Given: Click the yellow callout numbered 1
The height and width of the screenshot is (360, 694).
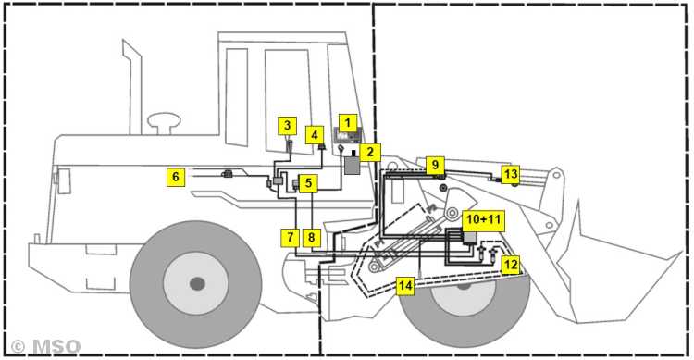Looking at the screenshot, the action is click(x=348, y=123).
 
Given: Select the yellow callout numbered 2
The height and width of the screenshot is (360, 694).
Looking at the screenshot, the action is click(x=370, y=153).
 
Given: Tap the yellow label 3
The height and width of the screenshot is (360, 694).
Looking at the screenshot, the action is click(x=287, y=126).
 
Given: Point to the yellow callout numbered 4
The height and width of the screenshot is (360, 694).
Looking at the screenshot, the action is click(x=315, y=134).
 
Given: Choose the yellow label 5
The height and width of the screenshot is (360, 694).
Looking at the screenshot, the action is click(x=308, y=183).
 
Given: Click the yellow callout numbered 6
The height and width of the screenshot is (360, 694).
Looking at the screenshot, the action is click(x=176, y=177).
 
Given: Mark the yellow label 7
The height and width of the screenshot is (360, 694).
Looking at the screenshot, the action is click(x=290, y=238).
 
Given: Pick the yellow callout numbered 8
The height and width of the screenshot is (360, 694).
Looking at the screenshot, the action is click(x=312, y=238).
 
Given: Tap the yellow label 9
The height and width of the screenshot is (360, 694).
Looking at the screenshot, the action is click(x=435, y=165).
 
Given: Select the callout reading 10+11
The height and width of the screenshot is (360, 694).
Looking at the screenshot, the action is click(x=483, y=220).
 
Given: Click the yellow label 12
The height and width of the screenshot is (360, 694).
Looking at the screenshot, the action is click(x=510, y=265).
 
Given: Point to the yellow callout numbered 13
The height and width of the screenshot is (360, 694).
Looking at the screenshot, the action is click(x=510, y=174).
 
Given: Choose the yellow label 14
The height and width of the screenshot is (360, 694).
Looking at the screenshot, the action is click(x=405, y=286).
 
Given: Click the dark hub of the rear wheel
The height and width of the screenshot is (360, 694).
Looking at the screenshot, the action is click(x=197, y=283).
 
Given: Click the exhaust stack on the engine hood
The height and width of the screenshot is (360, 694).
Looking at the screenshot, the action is click(x=131, y=86).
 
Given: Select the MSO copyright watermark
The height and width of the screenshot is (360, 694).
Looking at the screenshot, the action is click(x=45, y=347).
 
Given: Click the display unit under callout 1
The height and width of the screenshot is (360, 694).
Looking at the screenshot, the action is click(x=348, y=135).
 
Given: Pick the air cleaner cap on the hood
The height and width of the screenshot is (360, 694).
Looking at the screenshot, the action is click(x=164, y=123).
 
